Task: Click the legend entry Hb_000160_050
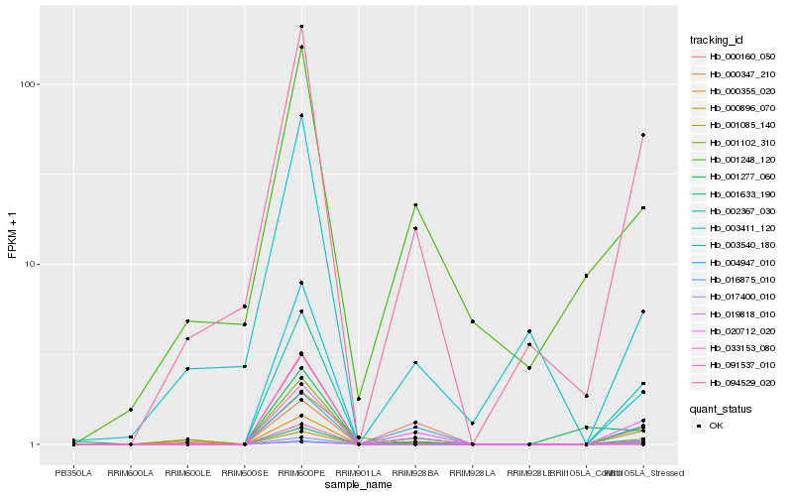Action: [735, 57]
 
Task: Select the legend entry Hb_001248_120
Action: [735, 159]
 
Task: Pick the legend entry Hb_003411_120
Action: [735, 227]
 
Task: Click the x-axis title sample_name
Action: [358, 485]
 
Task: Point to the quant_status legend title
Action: [721, 408]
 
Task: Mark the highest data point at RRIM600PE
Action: [301, 27]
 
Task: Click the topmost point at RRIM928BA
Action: [415, 204]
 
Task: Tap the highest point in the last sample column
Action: [643, 135]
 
